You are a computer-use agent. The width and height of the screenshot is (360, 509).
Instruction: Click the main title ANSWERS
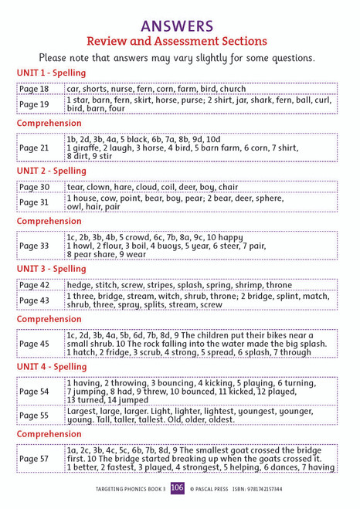click(179, 26)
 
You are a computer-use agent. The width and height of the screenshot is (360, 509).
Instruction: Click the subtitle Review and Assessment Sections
click(179, 41)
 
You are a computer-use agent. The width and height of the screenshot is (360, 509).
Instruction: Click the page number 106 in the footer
click(178, 488)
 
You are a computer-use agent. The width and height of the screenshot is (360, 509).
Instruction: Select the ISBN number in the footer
click(261, 489)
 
